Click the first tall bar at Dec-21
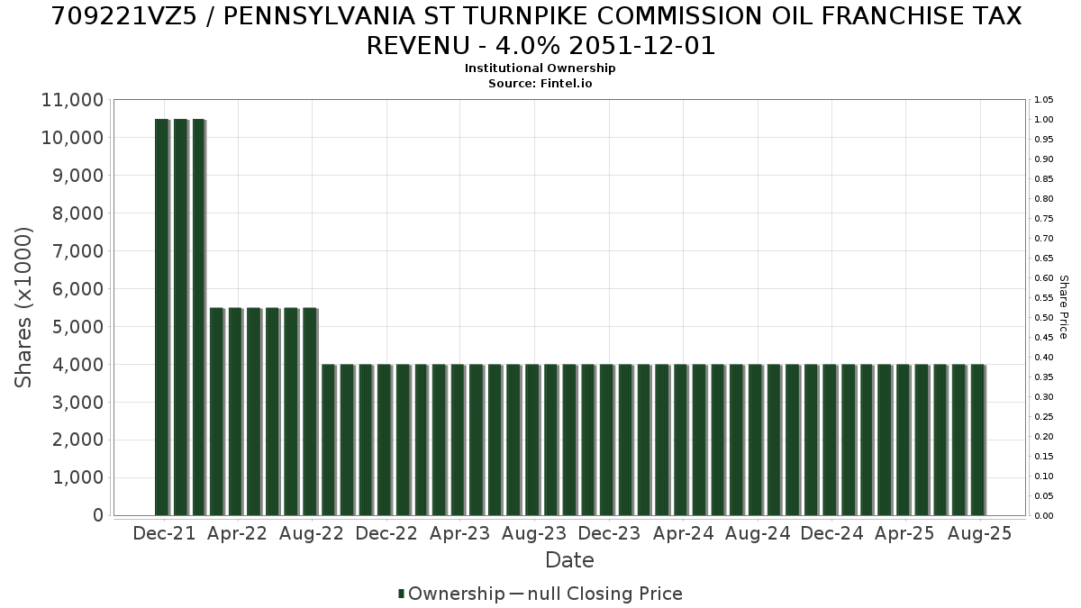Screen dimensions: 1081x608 point(161,317)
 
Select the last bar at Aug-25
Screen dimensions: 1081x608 point(977,440)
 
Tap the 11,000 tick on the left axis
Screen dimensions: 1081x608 point(72,100)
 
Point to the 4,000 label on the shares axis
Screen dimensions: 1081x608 point(77,365)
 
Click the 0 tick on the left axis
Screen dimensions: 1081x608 point(98,515)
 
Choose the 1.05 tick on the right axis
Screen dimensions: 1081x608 point(1044,100)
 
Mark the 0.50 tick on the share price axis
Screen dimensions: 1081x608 point(1044,317)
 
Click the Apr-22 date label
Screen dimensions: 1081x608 point(237,533)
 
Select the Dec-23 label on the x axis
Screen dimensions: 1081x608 point(609,533)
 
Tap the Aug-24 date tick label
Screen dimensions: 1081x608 point(758,533)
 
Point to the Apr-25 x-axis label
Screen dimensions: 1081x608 point(904,533)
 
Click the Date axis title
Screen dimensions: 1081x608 point(569,560)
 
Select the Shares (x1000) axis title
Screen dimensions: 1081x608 point(23,307)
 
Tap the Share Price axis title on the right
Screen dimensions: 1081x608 point(1064,307)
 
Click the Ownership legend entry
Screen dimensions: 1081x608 point(451,594)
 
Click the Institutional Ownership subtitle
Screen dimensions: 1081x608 point(540,68)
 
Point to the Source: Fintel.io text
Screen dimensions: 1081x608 point(540,84)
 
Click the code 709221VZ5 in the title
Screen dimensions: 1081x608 point(124,16)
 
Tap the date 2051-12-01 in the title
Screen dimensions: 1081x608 point(641,46)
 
